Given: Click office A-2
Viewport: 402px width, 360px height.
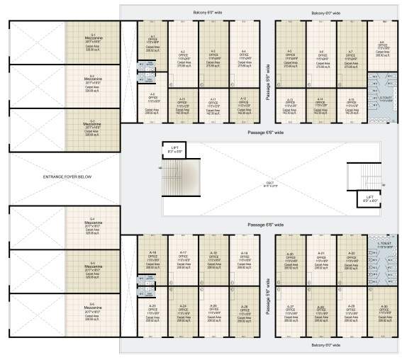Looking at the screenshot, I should point(183,58).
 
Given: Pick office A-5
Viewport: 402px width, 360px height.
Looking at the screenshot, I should point(290,58).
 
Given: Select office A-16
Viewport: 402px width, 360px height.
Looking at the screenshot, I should point(152,257).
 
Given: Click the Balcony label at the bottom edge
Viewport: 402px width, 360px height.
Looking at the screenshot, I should point(325,345).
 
